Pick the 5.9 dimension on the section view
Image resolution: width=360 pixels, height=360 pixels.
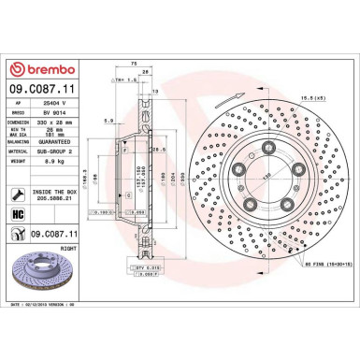(109, 120)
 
